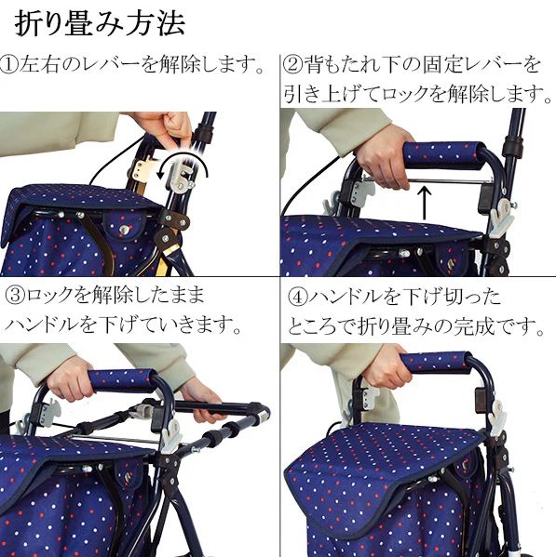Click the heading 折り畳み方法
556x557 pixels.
(100, 23)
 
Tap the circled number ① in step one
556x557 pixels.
(9, 65)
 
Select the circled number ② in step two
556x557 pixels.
(292, 65)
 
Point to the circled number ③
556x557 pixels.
(16, 296)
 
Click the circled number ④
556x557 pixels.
(297, 297)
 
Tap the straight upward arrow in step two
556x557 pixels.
(424, 204)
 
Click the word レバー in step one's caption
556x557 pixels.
(110, 65)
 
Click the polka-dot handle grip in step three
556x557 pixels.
(123, 381)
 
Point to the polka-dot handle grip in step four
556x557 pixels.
(436, 363)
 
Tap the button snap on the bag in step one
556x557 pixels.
(124, 230)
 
